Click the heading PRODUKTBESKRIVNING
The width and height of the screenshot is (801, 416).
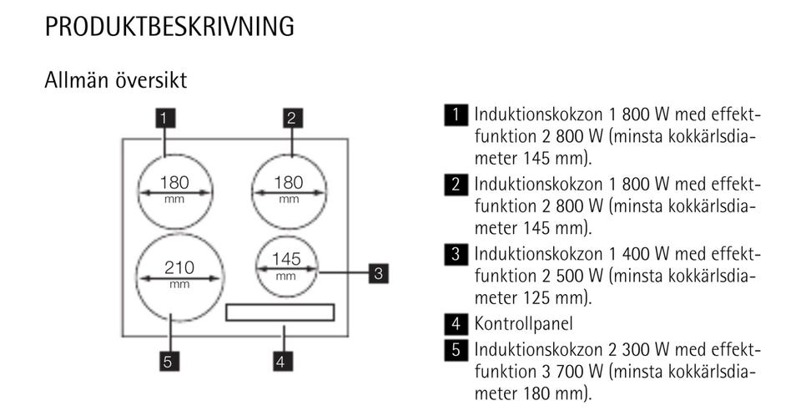(x=169, y=27)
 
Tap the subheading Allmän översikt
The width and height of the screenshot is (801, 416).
(x=116, y=80)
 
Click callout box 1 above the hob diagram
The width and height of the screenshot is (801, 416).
(x=165, y=118)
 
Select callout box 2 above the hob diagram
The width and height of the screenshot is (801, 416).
(x=292, y=118)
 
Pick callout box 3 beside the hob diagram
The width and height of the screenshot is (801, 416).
(x=379, y=273)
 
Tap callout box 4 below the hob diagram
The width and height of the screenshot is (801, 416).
(x=280, y=362)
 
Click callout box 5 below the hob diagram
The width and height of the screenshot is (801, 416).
(x=169, y=362)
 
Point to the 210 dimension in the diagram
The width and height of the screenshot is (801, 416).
(x=179, y=267)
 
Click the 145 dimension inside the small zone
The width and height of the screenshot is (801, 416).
(x=286, y=259)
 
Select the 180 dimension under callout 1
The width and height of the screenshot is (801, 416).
(x=174, y=182)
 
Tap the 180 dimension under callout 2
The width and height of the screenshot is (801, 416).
(x=289, y=182)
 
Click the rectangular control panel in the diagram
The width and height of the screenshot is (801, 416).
(x=280, y=312)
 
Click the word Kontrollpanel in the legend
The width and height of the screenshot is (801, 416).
(x=524, y=323)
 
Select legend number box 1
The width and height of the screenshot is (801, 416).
(x=456, y=114)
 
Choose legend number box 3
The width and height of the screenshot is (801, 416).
(x=456, y=254)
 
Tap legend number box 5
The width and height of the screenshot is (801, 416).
(x=456, y=350)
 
